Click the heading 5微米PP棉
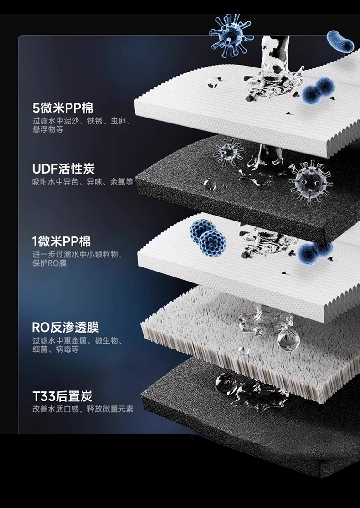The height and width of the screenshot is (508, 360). (x=63, y=108)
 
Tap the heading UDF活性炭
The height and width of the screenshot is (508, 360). (x=63, y=169)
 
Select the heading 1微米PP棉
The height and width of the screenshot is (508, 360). (x=61, y=241)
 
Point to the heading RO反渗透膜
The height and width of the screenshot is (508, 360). (x=66, y=327)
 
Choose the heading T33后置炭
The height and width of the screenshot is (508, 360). (x=62, y=396)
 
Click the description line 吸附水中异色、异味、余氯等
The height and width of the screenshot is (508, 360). (x=82, y=182)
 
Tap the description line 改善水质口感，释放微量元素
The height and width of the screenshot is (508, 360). (x=82, y=409)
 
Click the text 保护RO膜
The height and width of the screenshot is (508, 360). (x=49, y=263)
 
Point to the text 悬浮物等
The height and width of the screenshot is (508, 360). (x=48, y=129)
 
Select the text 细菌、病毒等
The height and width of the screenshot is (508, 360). (x=56, y=349)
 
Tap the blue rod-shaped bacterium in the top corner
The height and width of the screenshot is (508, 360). (x=340, y=41)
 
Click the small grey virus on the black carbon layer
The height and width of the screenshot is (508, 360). (x=228, y=151)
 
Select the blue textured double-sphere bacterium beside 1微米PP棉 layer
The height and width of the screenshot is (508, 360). (x=208, y=237)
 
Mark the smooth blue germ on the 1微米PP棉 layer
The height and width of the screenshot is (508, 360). (x=315, y=252)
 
